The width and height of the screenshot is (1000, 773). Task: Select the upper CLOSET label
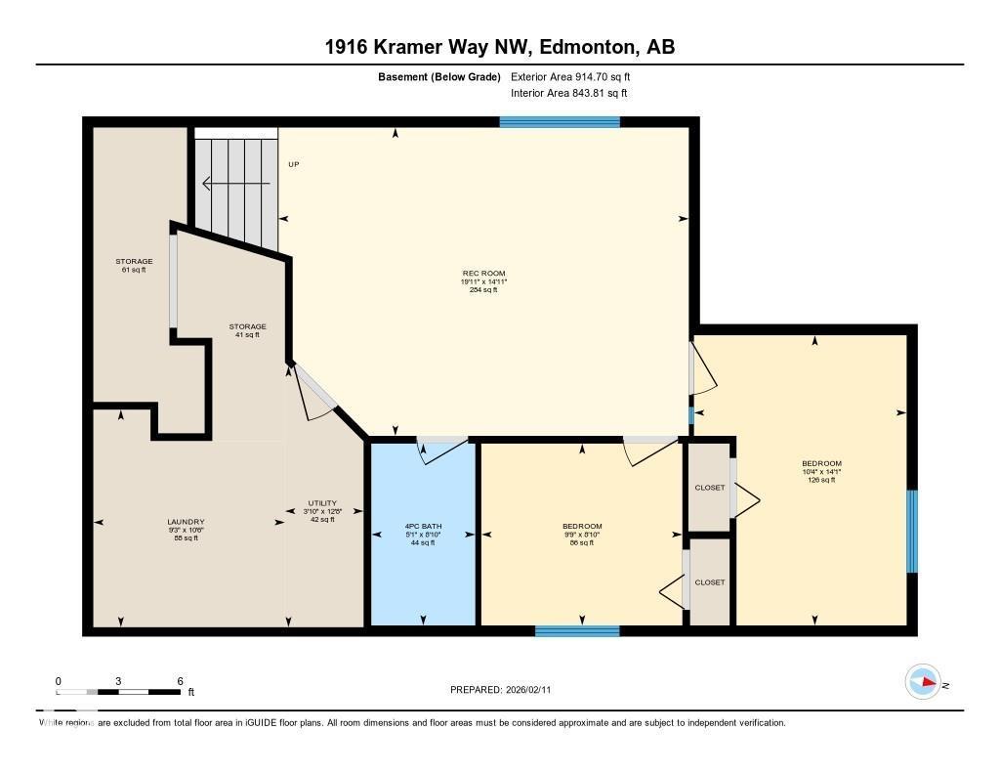pos(710,488)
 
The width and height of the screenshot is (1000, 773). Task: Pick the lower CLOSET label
pos(710,582)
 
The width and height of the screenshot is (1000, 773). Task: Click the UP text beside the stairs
pos(293,164)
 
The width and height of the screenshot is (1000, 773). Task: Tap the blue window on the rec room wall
pos(560,122)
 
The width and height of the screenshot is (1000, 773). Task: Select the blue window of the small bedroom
pos(577,631)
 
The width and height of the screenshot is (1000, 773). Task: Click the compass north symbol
pos(923,682)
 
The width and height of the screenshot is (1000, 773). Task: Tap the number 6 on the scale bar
pos(180,681)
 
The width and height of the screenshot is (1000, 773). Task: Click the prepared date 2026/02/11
pos(534,690)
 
